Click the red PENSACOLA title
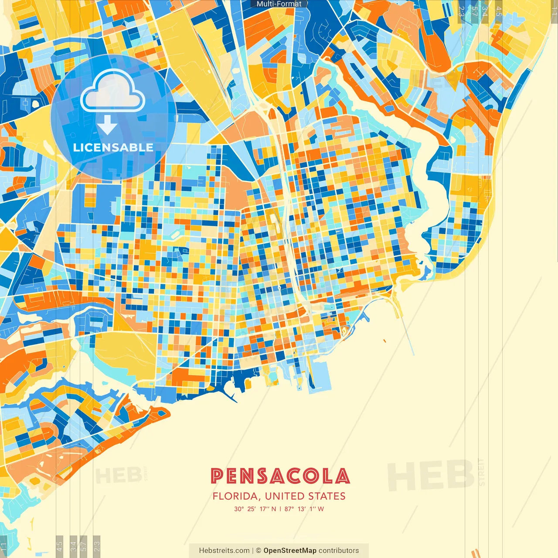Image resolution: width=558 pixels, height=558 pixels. pyautogui.click(x=280, y=476)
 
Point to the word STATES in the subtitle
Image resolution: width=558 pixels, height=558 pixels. pyautogui.click(x=327, y=496)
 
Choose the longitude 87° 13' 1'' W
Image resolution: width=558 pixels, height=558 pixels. pyautogui.click(x=304, y=509)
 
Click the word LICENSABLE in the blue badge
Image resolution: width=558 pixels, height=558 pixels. pyautogui.click(x=113, y=147)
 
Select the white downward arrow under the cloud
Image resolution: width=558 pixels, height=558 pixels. pyautogui.click(x=107, y=126)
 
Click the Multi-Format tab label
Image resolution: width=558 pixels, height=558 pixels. pyautogui.click(x=279, y=4)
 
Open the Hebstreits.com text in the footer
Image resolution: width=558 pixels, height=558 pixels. pyautogui.click(x=224, y=551)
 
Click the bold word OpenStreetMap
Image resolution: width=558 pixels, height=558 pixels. pyautogui.click(x=289, y=551)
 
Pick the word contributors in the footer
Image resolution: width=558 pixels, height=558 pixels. pyautogui.click(x=339, y=551)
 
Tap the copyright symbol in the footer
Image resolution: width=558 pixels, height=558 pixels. pyautogui.click(x=258, y=551)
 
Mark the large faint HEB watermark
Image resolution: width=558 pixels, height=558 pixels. pyautogui.click(x=430, y=475)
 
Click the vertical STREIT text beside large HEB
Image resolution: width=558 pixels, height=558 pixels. pyautogui.click(x=481, y=473)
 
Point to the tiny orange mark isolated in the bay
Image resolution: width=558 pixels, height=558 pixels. pyautogui.click(x=384, y=341)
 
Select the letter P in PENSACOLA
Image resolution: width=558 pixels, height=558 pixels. pyautogui.click(x=217, y=476)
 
